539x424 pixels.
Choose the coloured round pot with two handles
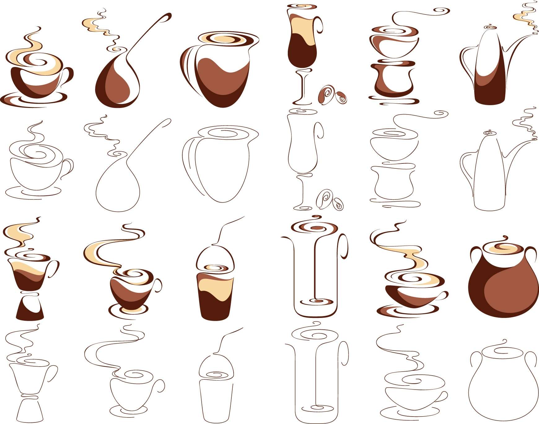[502, 288]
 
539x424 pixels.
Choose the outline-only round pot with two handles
[502, 391]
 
